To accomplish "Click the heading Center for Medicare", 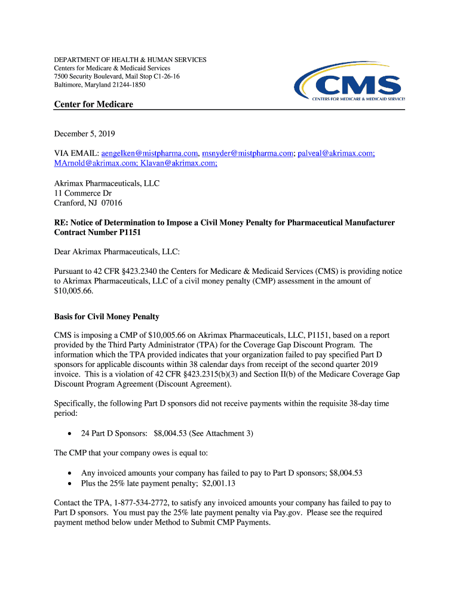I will (94, 104).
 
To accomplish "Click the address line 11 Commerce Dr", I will (83, 193).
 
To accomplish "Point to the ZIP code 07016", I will (112, 203).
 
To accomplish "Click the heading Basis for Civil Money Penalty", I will (106, 316).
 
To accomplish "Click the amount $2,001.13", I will (219, 483).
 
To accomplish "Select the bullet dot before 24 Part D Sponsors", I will (72, 434).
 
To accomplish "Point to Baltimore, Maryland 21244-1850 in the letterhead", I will (100, 85).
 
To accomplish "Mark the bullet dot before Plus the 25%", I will (72, 483).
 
